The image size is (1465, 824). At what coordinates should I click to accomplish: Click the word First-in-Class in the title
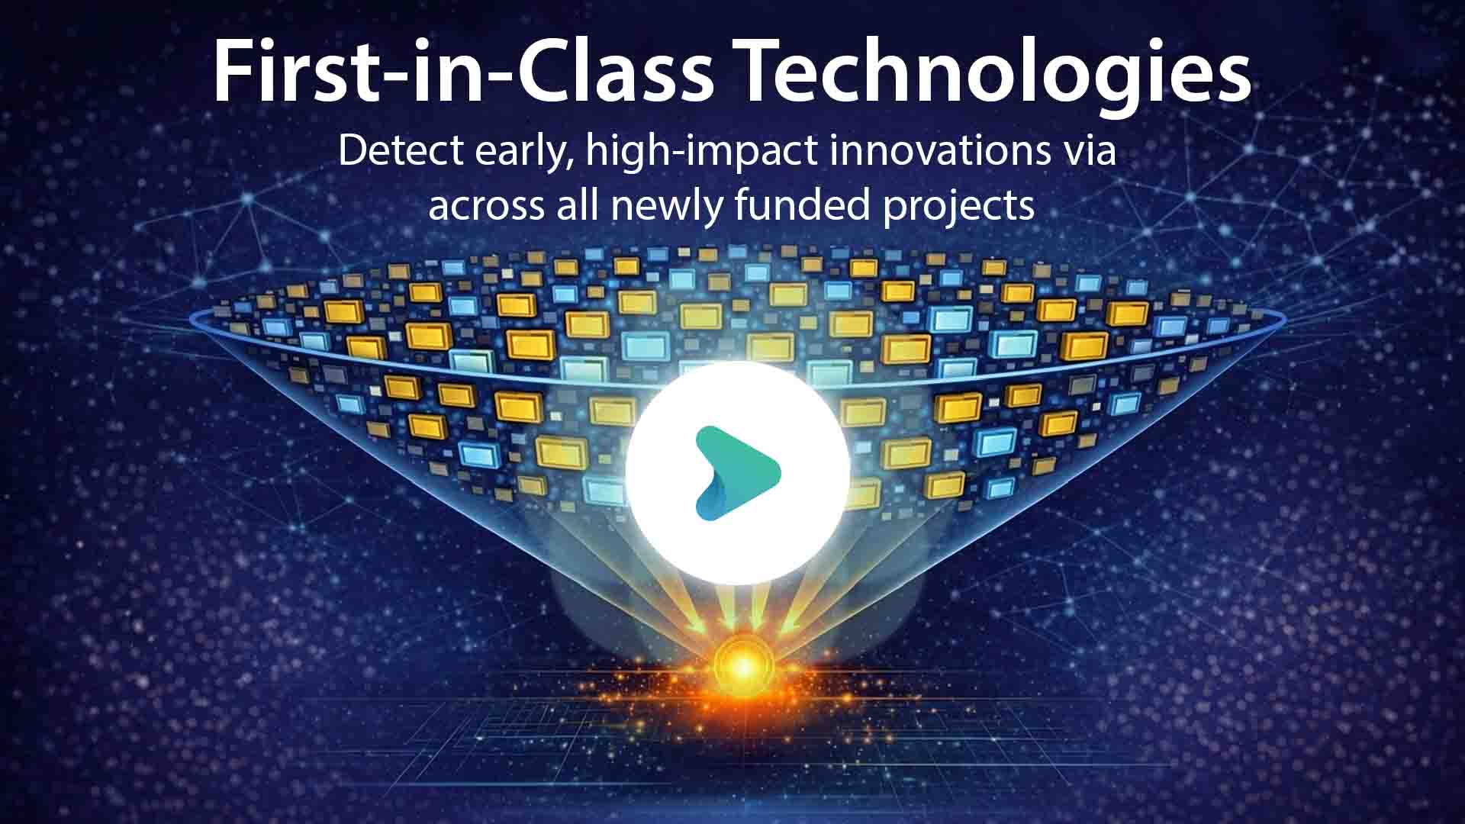pos(462,70)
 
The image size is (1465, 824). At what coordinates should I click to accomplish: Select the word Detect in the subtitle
pos(401,150)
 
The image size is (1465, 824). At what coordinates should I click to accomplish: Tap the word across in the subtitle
pos(486,206)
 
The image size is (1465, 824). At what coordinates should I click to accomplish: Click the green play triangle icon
pos(736,473)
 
